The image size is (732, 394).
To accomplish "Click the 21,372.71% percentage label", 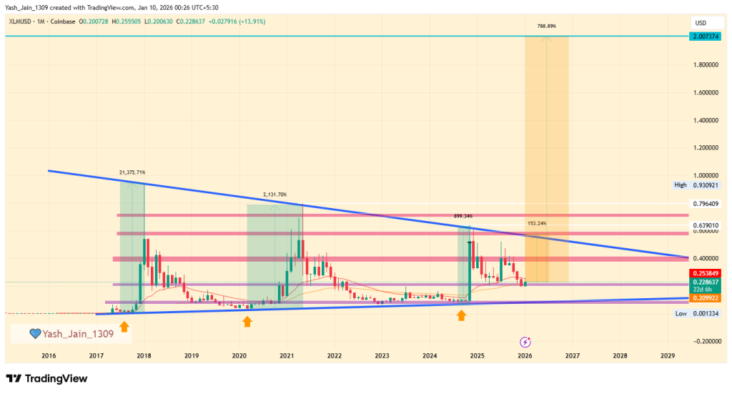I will [x=132, y=172].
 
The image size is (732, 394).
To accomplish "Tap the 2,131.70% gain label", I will [x=274, y=194].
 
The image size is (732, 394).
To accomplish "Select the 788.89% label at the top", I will [x=547, y=26].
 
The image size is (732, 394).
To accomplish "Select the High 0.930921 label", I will [x=699, y=184].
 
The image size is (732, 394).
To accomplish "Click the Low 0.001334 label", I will [x=699, y=313].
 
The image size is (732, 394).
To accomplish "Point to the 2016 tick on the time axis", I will [x=49, y=355].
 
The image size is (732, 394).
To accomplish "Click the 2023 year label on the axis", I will [x=382, y=355].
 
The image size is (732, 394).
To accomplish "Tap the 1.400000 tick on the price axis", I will [x=706, y=120].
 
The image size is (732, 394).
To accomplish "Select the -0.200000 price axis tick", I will [x=706, y=341].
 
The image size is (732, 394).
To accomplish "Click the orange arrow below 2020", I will [x=247, y=322].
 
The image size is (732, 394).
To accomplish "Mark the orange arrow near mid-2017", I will [x=124, y=326].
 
